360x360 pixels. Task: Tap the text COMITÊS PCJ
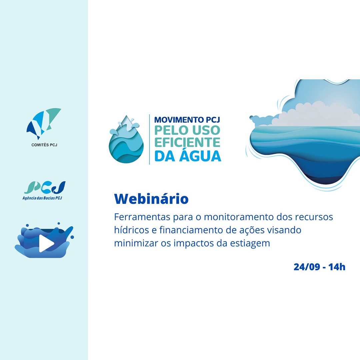point(44,145)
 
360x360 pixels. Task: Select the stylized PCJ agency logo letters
point(45,187)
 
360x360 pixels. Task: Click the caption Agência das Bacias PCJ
point(42,198)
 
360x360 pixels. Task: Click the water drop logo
point(126,139)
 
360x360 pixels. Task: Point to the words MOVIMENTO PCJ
point(187,120)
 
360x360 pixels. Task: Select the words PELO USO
point(187,130)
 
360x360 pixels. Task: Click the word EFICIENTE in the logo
point(187,142)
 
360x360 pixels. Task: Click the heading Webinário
point(151,199)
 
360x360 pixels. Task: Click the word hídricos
point(132,230)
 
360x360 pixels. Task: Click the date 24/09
point(307,267)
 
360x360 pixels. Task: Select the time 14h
point(337,267)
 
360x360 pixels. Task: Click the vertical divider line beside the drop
point(149,139)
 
